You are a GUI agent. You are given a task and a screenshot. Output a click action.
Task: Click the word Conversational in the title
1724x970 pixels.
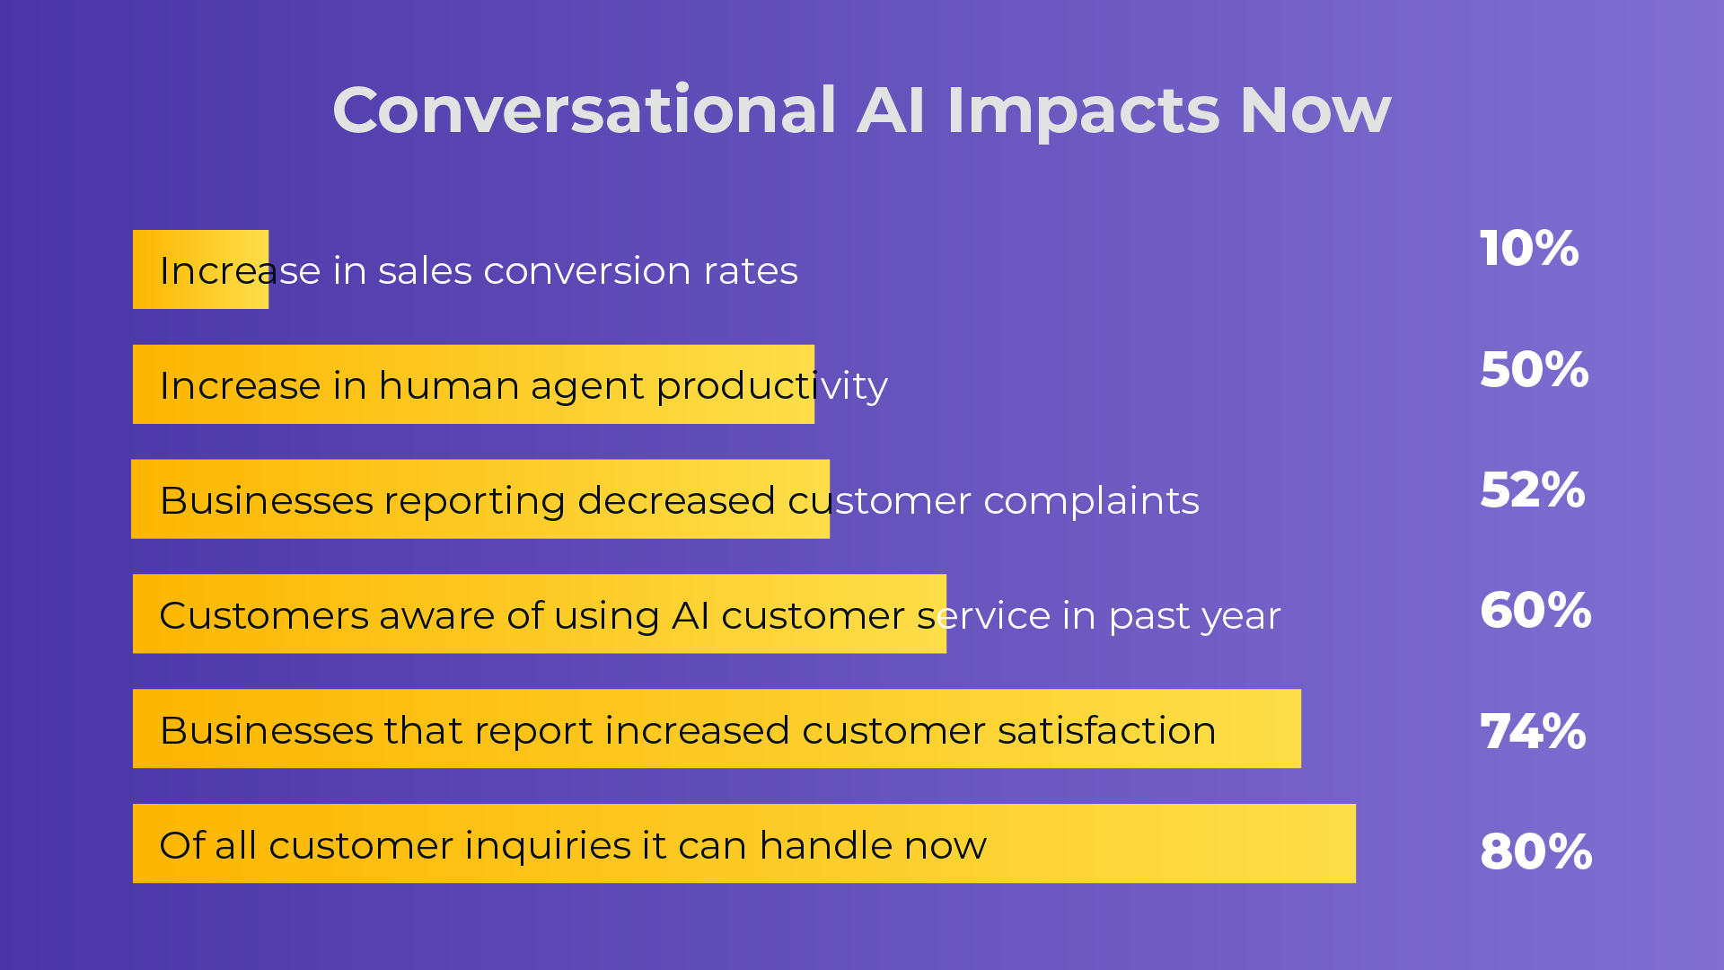click(584, 110)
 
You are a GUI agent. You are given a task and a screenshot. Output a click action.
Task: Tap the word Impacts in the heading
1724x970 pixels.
click(1083, 110)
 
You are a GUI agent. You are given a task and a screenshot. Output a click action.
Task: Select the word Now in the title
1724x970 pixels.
click(1315, 110)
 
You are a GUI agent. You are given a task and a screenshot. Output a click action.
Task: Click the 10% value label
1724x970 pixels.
click(1528, 249)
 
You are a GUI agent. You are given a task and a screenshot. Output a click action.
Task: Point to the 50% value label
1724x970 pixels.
click(1534, 370)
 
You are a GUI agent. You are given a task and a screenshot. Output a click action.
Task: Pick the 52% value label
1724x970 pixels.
click(1532, 490)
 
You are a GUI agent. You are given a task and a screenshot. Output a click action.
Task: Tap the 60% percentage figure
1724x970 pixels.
click(1535, 611)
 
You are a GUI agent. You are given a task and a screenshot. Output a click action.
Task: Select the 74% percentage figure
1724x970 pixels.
click(1532, 731)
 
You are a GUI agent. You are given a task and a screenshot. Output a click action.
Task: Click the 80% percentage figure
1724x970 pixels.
click(1535, 851)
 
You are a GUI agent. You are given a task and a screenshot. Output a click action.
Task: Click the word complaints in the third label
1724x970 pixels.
click(1091, 501)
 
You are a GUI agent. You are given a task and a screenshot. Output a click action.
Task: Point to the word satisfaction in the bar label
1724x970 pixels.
click(1106, 730)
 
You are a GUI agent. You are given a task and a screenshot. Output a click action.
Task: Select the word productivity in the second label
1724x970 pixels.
click(771, 386)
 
